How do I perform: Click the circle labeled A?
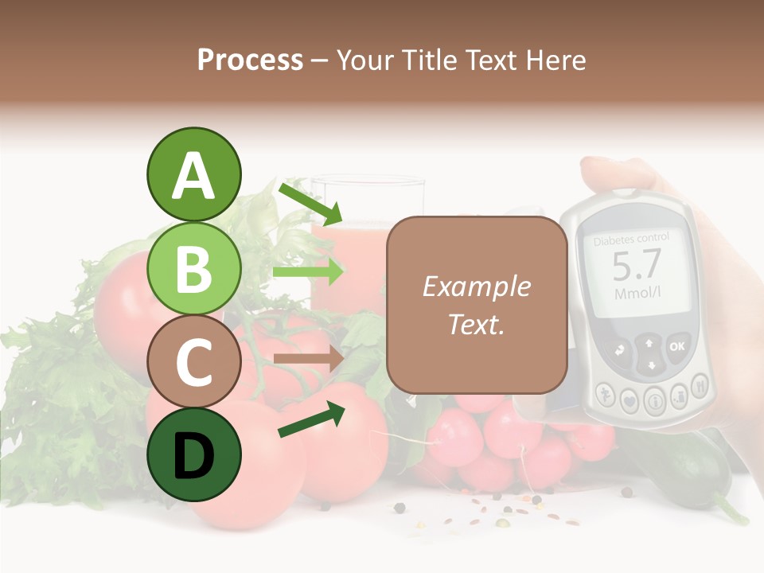click(193, 174)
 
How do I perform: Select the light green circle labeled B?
click(193, 269)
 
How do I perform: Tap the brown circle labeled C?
click(193, 361)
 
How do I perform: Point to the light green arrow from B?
click(308, 271)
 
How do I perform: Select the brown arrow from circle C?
click(308, 359)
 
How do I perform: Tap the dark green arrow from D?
click(310, 420)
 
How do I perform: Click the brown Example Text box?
click(477, 305)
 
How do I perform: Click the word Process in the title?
click(250, 60)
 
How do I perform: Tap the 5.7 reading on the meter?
click(636, 265)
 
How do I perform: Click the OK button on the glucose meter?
click(676, 346)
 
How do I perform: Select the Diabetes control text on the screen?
click(632, 238)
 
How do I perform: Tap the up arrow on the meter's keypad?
click(649, 343)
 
